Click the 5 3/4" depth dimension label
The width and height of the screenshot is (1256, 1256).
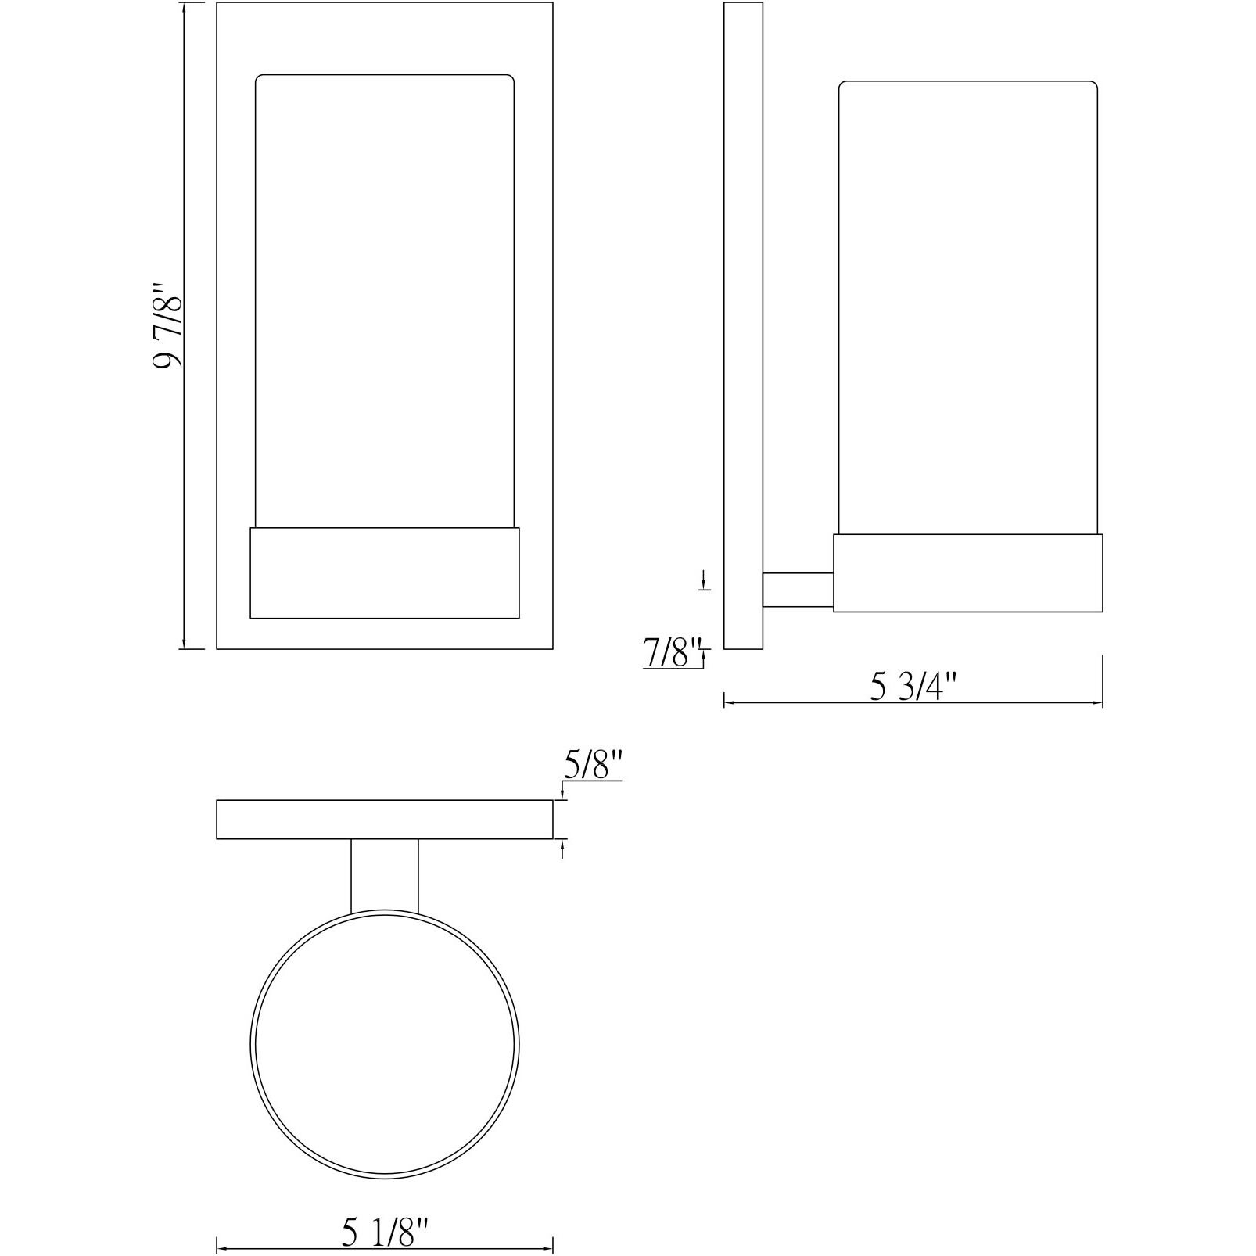[913, 687]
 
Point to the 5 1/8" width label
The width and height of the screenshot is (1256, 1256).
[385, 1233]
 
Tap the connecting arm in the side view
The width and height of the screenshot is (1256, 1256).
[797, 590]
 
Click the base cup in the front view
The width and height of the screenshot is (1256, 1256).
[385, 573]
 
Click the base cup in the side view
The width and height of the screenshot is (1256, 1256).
[967, 573]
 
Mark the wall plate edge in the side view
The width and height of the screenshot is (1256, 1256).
[742, 325]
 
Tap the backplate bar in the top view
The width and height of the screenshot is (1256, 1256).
[385, 820]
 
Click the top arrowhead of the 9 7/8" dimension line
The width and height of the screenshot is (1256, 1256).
[183, 8]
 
